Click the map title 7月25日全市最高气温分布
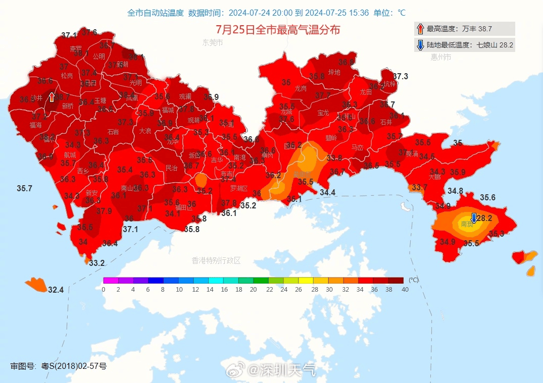(278, 30)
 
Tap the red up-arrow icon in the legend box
(420, 29)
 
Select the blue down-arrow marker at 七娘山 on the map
(474, 217)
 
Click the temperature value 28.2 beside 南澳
(484, 218)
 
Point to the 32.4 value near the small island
(56, 290)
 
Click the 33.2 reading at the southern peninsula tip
(96, 263)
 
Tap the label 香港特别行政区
(216, 260)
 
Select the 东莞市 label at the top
(212, 43)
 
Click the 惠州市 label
(440, 58)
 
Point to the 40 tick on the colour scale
(405, 289)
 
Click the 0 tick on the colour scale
(104, 289)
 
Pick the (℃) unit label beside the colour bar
(413, 280)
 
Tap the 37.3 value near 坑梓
(400, 76)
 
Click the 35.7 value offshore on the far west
(24, 188)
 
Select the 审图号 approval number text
(59, 366)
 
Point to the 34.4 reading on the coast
(327, 192)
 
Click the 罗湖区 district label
(239, 188)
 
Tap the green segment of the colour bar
(261, 280)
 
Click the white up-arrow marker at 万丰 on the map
(52, 96)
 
